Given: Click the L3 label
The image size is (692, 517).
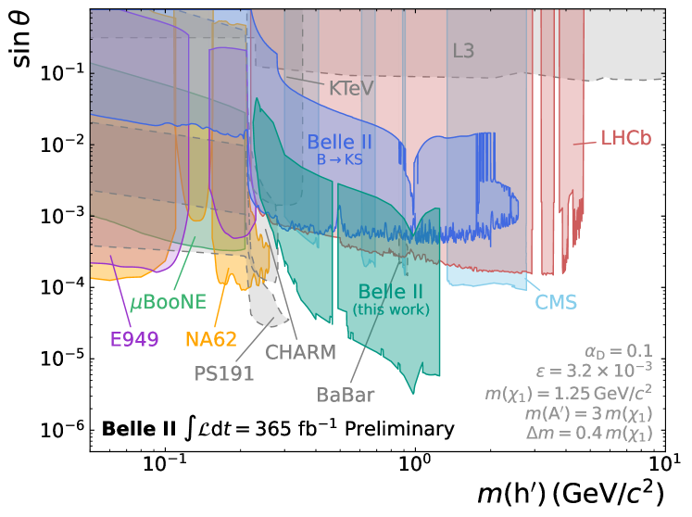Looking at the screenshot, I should (x=463, y=51).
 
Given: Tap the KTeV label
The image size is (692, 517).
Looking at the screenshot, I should (x=351, y=88).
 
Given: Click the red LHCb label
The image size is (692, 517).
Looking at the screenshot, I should (x=625, y=138).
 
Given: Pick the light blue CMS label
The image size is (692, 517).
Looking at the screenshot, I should (x=556, y=302).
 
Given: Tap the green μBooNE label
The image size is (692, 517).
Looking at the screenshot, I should (x=168, y=302).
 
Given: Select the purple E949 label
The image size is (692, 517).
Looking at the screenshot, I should (x=134, y=339).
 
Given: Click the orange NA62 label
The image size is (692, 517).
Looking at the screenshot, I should (x=211, y=339).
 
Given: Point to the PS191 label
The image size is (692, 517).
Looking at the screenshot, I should (x=223, y=373).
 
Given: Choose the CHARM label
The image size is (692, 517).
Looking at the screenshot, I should (x=300, y=352).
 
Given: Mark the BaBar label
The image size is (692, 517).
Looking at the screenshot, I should (x=346, y=395).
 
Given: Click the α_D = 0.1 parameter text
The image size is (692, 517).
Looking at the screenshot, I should (x=618, y=350).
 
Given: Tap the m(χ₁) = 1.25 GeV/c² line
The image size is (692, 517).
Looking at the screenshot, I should (x=569, y=392).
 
